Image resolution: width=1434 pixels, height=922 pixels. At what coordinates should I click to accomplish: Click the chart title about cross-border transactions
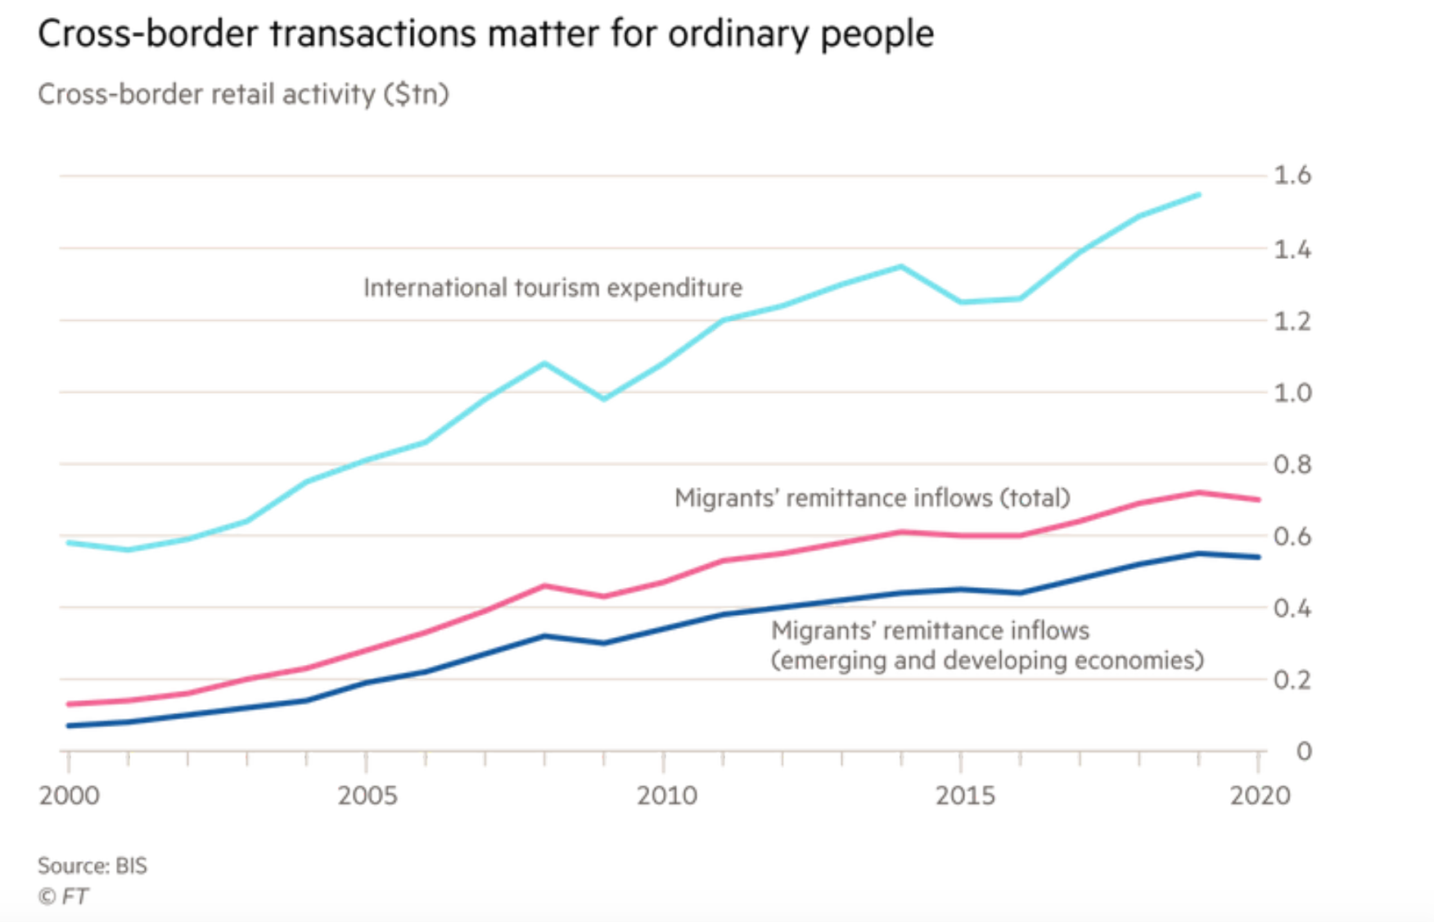pyautogui.click(x=485, y=34)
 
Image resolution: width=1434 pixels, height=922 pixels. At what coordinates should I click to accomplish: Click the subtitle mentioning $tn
pyautogui.click(x=243, y=94)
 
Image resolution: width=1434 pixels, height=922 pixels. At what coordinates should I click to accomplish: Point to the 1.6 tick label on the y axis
pyautogui.click(x=1292, y=175)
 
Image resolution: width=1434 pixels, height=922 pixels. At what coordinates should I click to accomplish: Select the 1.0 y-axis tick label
pyautogui.click(x=1292, y=393)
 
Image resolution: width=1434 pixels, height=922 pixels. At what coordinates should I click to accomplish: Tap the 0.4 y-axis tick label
pyautogui.click(x=1292, y=608)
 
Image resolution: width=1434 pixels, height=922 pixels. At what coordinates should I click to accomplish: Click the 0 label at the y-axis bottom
pyautogui.click(x=1303, y=752)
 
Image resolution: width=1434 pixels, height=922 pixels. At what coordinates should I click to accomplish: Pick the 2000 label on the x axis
pyautogui.click(x=69, y=795)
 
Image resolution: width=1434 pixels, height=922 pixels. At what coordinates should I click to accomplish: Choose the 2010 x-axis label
pyautogui.click(x=666, y=795)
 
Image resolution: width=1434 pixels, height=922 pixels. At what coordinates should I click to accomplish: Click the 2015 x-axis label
pyautogui.click(x=965, y=795)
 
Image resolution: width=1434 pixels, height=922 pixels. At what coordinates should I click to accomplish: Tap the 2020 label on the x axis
pyautogui.click(x=1260, y=795)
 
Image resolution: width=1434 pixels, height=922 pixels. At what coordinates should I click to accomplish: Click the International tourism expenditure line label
pyautogui.click(x=552, y=288)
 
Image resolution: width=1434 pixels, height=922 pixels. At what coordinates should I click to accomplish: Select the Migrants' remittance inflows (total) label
pyautogui.click(x=872, y=498)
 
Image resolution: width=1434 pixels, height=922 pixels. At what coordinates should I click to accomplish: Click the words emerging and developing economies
pyautogui.click(x=987, y=661)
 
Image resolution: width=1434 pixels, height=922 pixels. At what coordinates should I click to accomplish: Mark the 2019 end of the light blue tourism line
pyautogui.click(x=1199, y=195)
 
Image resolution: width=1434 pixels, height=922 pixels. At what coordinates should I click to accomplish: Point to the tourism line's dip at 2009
pyautogui.click(x=604, y=399)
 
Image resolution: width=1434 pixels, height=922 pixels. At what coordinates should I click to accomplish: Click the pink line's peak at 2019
pyautogui.click(x=1199, y=492)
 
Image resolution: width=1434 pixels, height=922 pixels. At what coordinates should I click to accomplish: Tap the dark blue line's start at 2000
pyautogui.click(x=69, y=725)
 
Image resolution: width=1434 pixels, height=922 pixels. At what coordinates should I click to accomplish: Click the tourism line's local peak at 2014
pyautogui.click(x=901, y=266)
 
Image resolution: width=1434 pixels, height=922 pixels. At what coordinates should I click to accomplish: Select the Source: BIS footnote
pyautogui.click(x=92, y=866)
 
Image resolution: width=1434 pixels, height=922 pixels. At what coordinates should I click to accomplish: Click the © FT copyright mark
pyautogui.click(x=63, y=897)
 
